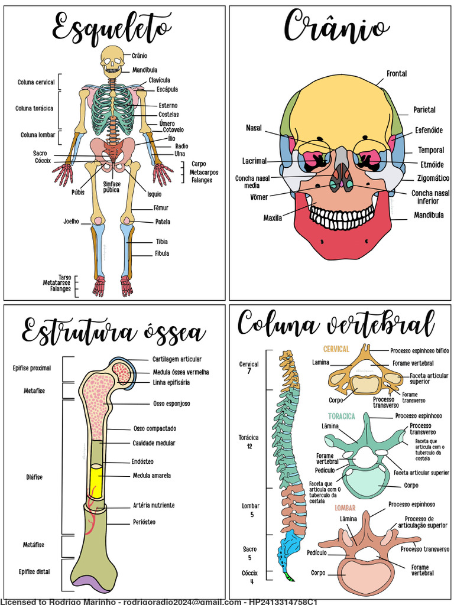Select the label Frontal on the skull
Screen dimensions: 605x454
coord(397,74)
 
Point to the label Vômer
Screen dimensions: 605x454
coord(259,197)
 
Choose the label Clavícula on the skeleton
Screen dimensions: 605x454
coord(159,80)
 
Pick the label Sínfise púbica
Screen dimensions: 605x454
coord(111,187)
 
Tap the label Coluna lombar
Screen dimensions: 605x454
coord(38,135)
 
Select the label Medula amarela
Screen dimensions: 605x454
coord(151,475)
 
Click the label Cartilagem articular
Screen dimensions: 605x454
coord(177,359)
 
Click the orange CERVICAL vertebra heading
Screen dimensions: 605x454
coord(336,349)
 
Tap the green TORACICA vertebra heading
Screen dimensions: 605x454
coord(342,417)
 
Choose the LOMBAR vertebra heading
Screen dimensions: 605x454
coord(345,508)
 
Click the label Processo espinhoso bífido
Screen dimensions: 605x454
coord(420,351)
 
